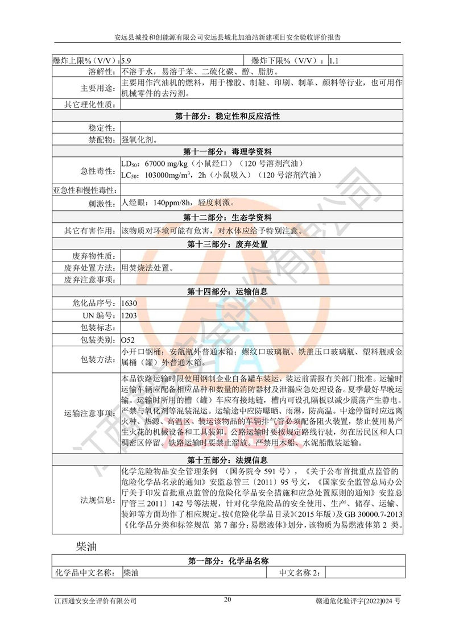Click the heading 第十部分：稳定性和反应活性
[x=227, y=116]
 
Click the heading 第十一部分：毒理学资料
[x=227, y=151]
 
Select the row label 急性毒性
[x=98, y=170]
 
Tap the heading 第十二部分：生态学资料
[x=227, y=218]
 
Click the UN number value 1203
[x=129, y=316]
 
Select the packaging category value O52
[x=127, y=339]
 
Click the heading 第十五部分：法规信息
[x=227, y=459]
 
